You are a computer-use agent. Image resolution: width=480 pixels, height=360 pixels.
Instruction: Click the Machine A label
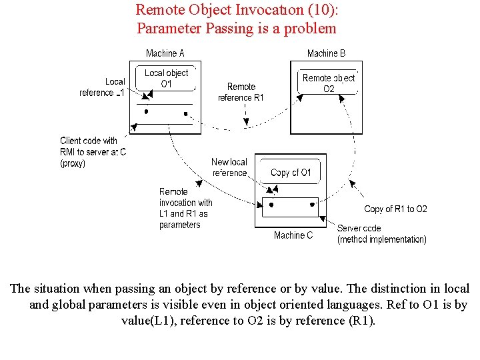click(165, 53)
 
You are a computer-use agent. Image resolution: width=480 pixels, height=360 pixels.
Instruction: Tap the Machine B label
click(326, 53)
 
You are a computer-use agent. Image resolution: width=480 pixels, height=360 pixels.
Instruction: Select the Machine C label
click(293, 235)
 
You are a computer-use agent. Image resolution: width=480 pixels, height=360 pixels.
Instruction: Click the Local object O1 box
click(167, 79)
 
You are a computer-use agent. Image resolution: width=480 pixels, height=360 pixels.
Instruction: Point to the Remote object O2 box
click(329, 83)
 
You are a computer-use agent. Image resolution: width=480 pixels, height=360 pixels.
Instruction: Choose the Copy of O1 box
click(291, 173)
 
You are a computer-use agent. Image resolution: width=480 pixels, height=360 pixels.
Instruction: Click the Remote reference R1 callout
click(241, 92)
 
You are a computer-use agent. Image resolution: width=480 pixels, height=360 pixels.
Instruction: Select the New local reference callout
click(229, 167)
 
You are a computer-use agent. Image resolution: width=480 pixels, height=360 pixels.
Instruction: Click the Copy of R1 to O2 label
click(396, 209)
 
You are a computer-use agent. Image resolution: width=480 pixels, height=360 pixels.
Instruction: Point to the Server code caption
click(381, 234)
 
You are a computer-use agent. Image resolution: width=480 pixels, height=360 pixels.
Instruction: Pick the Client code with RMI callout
click(93, 151)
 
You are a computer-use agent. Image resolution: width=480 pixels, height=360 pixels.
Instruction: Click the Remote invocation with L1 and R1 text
click(185, 208)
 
